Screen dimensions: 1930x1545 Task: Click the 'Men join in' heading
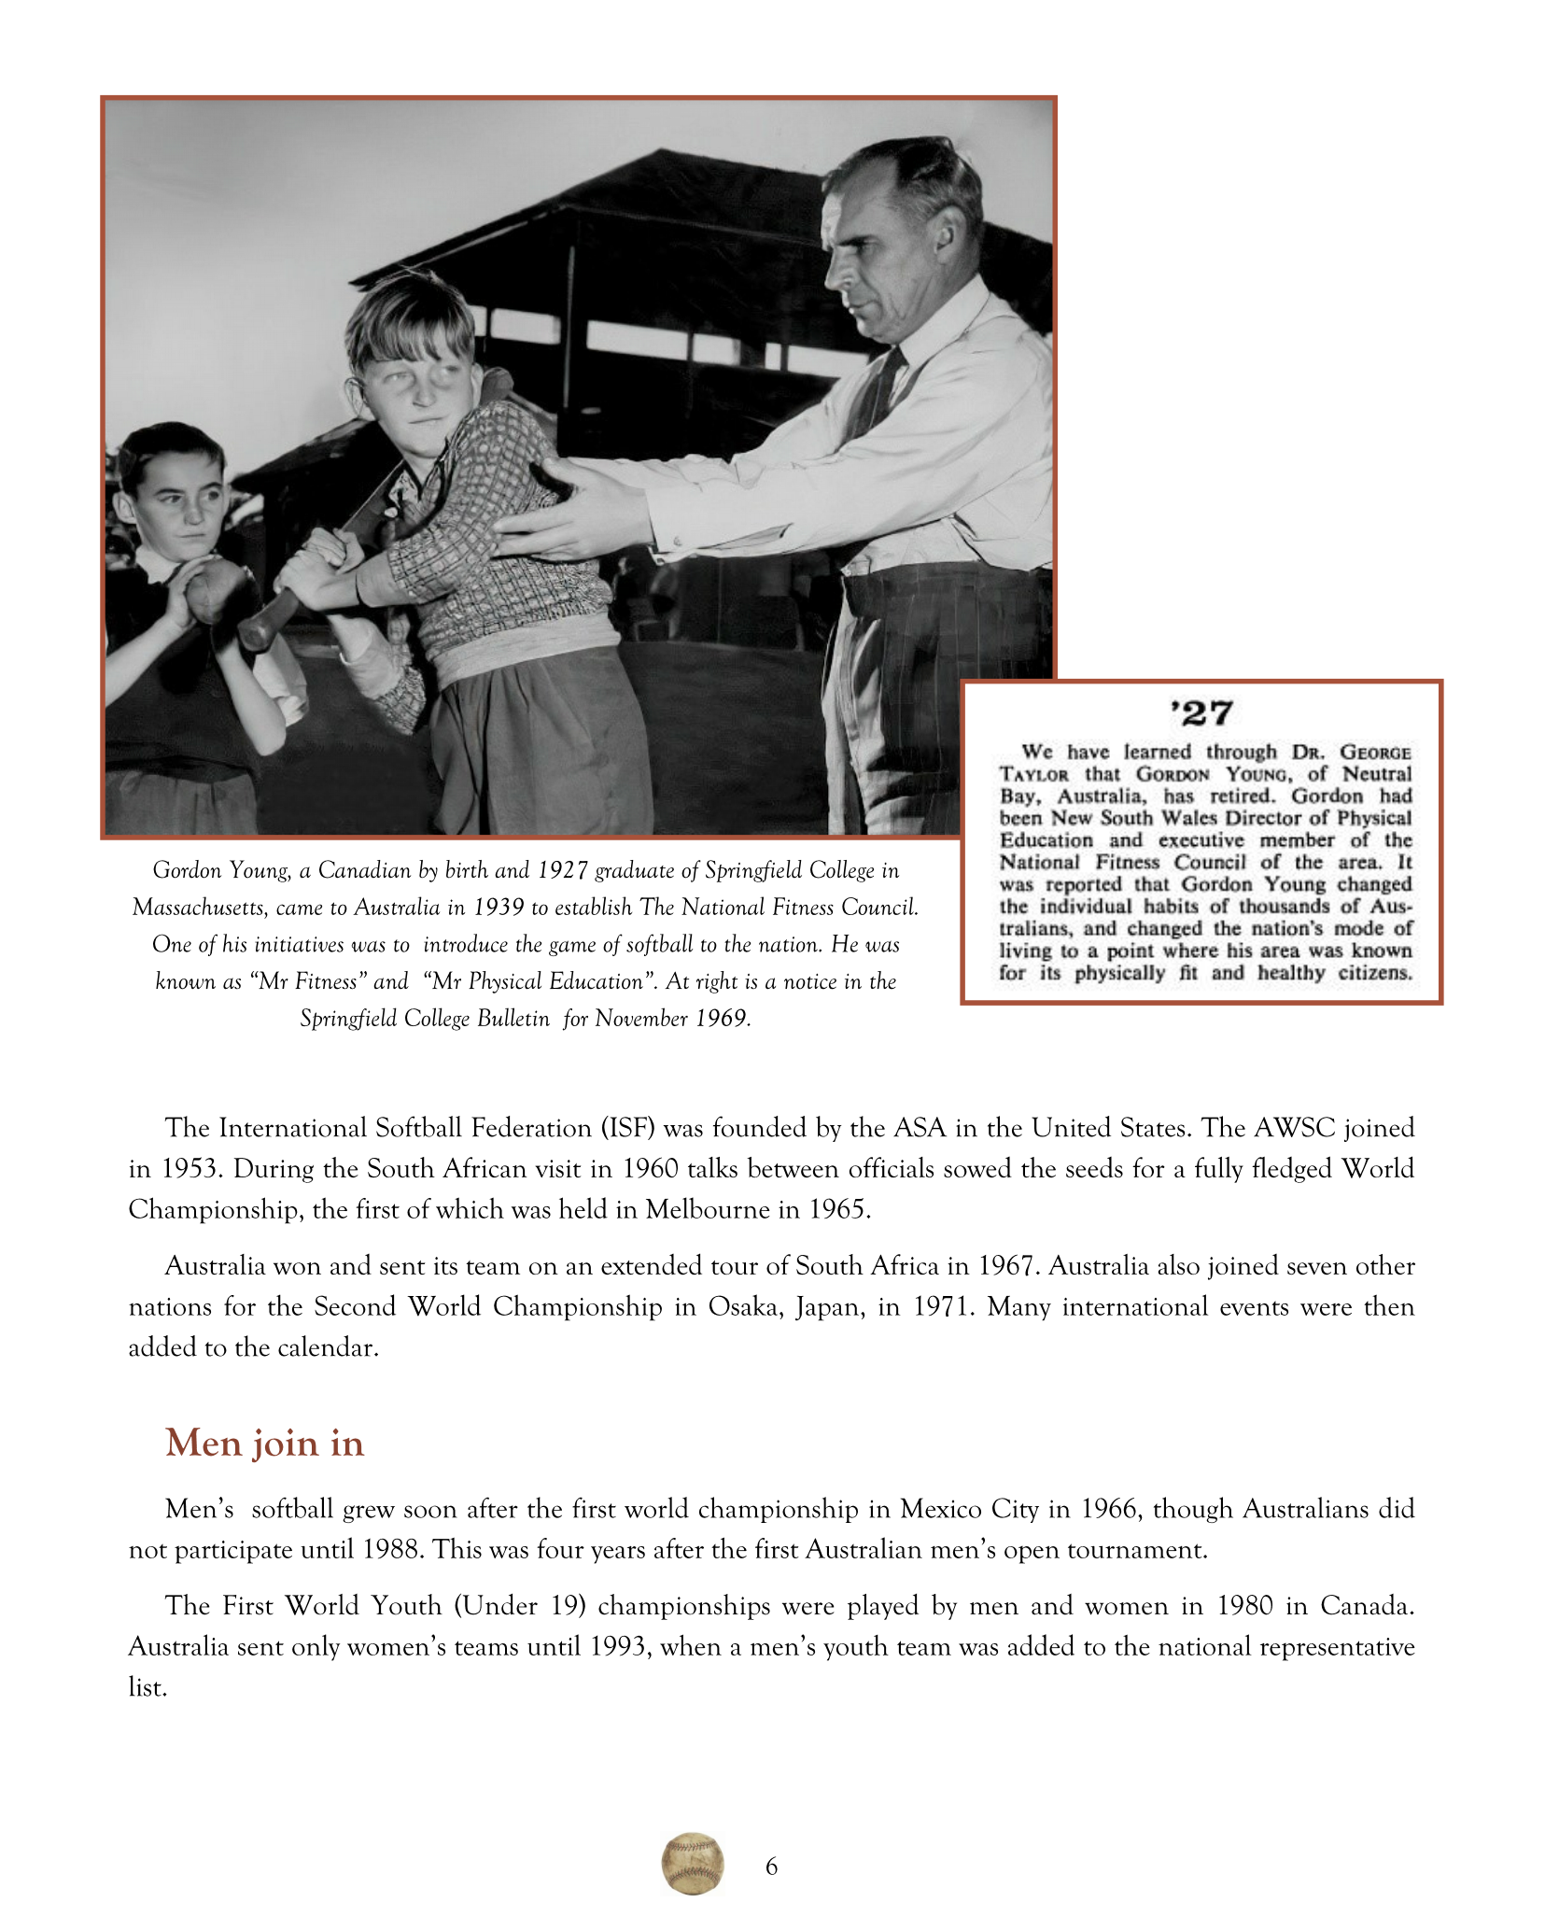pyautogui.click(x=264, y=1443)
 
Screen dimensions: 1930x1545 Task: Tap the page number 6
pyautogui.click(x=771, y=1866)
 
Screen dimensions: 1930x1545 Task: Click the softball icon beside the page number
pyautogui.click(x=693, y=1864)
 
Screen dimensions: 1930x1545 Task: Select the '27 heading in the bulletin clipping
pyautogui.click(x=1201, y=714)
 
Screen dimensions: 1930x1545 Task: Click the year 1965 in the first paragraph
pyautogui.click(x=837, y=1209)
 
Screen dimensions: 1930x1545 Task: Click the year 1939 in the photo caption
pyautogui.click(x=499, y=908)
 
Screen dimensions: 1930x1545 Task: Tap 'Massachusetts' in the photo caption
pyautogui.click(x=198, y=908)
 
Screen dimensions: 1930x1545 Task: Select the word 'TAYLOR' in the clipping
pyautogui.click(x=1034, y=775)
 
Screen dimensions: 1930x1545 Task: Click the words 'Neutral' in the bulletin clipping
pyautogui.click(x=1377, y=774)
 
